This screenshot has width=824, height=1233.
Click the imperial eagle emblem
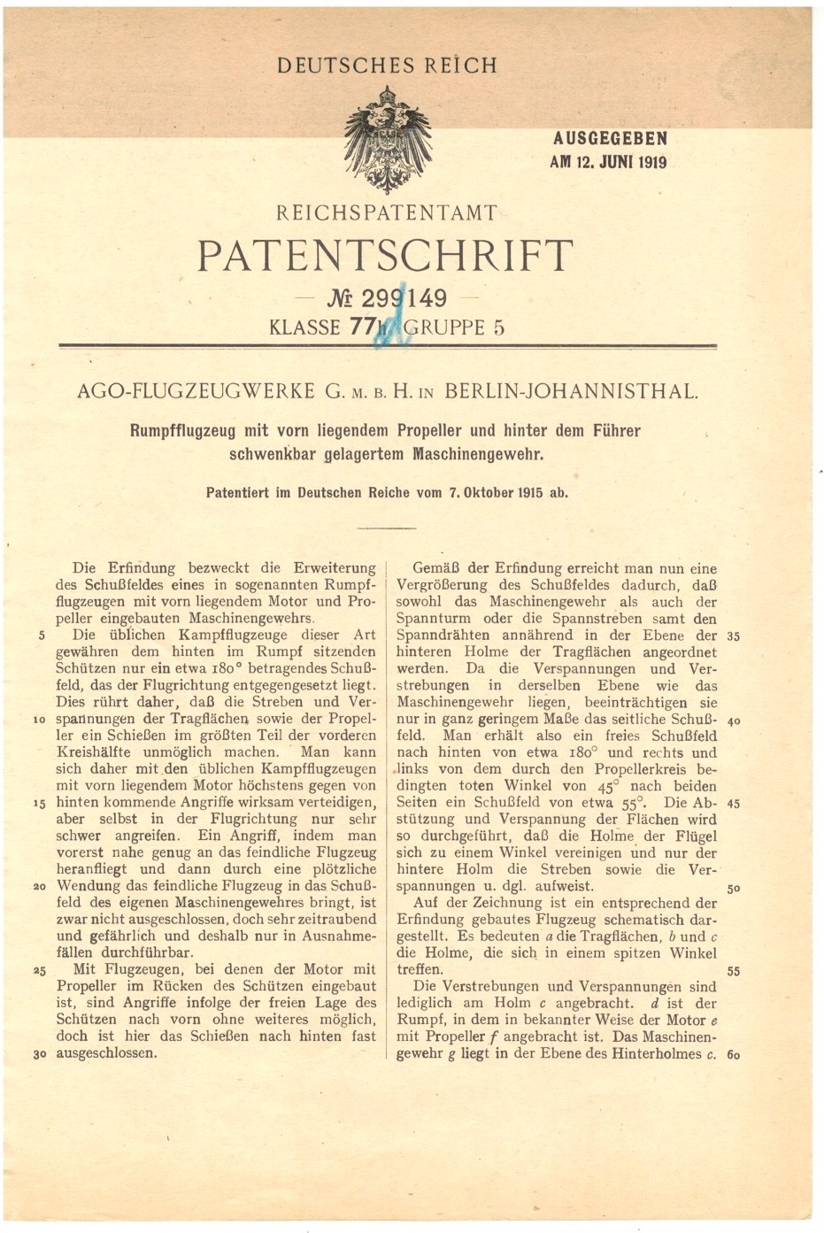[x=387, y=139]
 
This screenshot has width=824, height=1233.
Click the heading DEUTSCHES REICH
[x=387, y=66]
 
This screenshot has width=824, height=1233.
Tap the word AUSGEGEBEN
[x=610, y=139]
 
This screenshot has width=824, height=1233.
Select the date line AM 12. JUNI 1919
[x=608, y=162]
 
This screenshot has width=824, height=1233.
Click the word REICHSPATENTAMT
[x=387, y=213]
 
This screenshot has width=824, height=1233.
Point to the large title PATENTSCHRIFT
[x=385, y=257]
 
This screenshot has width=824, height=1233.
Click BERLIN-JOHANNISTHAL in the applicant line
[x=570, y=391]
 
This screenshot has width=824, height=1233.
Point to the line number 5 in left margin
[x=42, y=636]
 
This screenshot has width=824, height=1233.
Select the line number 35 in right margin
[x=733, y=636]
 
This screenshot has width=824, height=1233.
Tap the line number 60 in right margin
[x=733, y=1054]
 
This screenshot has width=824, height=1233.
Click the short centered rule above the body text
[x=387, y=528]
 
